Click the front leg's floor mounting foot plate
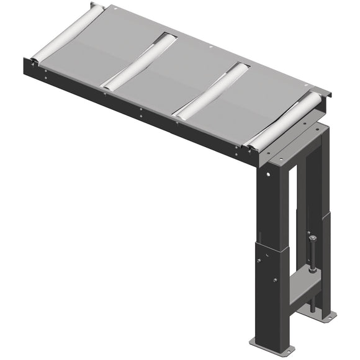(x=267, y=343)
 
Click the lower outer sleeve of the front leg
(x=270, y=292)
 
